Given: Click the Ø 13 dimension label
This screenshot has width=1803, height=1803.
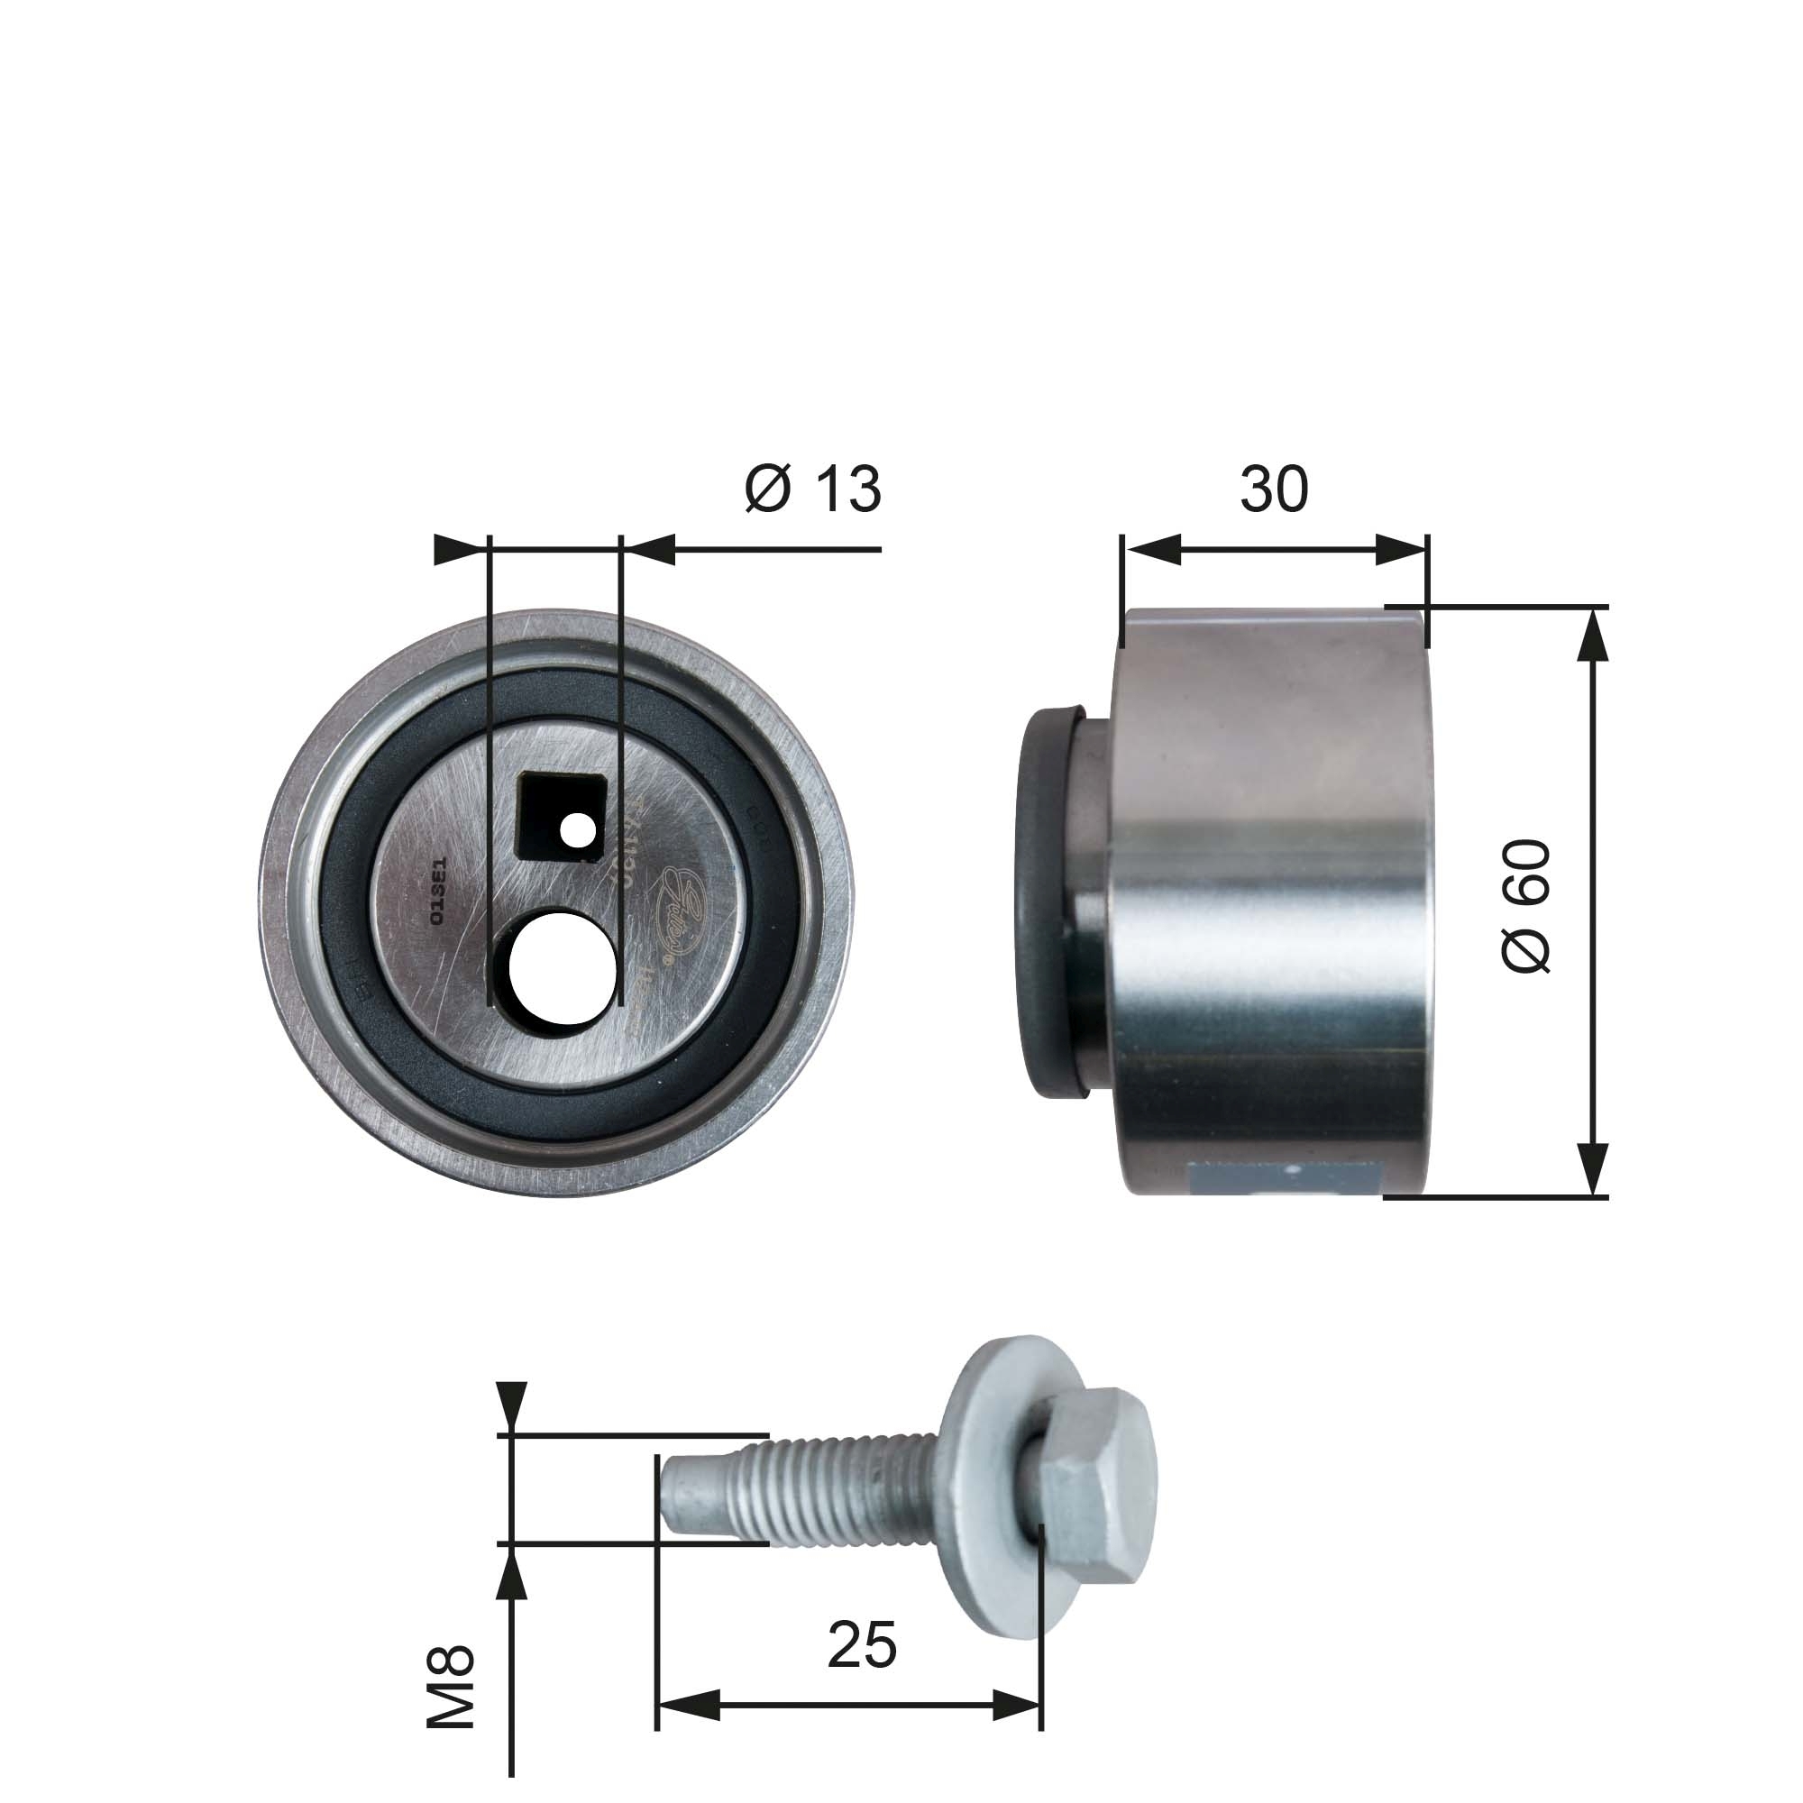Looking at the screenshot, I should coord(812,489).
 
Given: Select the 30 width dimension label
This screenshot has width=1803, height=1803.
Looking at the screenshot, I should coord(1273,489).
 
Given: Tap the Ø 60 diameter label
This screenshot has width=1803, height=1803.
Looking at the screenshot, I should coord(1528,905).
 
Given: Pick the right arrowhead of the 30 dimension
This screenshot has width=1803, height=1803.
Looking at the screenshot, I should coord(1400,551).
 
